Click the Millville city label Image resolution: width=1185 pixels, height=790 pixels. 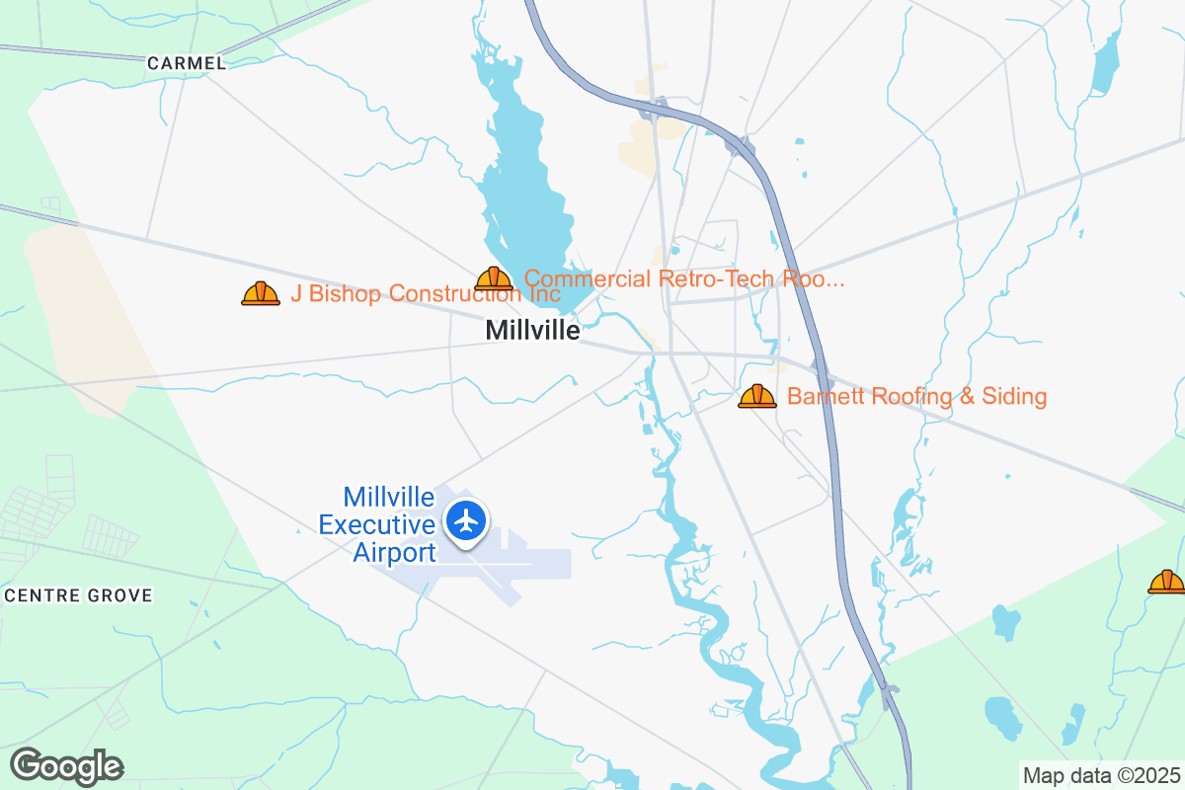coord(532,331)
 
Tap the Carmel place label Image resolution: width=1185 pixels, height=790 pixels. coord(186,63)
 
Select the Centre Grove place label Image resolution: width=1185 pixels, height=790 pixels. coord(79,595)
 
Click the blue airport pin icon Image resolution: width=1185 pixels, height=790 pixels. coord(465,519)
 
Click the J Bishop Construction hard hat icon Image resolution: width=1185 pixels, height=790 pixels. coord(261,293)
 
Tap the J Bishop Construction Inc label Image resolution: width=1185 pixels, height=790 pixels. coord(426,293)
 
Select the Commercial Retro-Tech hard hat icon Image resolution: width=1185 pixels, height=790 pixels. coord(494,279)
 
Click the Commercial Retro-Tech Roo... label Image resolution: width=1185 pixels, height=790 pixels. coord(684,278)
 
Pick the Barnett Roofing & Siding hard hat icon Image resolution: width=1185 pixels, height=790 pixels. coord(757,397)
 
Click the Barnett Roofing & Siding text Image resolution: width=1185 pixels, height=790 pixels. coord(916,397)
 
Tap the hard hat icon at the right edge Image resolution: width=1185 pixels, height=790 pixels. coord(1166,583)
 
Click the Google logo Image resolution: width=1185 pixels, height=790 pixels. coord(67,766)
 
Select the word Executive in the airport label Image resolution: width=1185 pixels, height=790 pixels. coord(376,524)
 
